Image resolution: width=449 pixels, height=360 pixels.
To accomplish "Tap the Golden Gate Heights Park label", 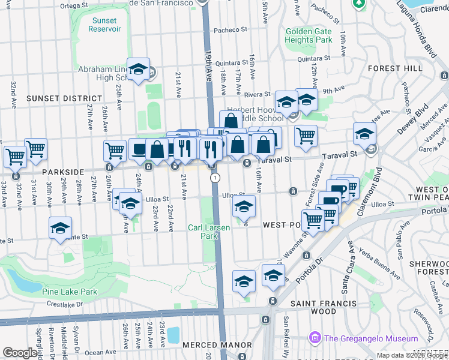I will pos(309,35).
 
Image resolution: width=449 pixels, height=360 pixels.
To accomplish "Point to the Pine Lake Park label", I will pos(70,292).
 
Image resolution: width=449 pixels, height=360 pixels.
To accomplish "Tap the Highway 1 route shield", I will pos(214,178).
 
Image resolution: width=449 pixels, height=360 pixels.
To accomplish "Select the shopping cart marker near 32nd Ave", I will pos(15,157).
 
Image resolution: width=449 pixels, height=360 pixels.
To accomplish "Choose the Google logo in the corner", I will pos(20,353).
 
